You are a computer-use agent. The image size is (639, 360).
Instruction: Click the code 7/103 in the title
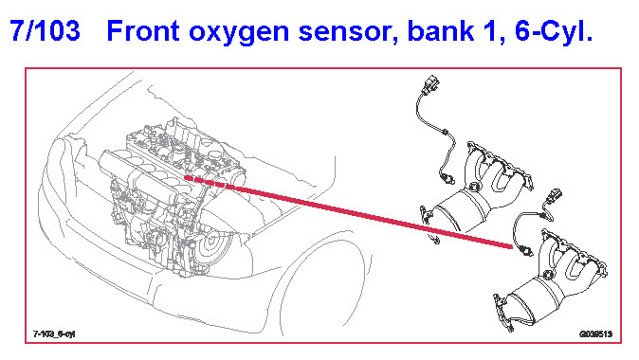tap(45, 30)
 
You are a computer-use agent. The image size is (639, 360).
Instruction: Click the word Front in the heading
tap(143, 30)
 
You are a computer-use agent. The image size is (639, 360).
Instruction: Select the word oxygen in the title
tap(239, 33)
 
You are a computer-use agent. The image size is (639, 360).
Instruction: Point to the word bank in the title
tap(441, 30)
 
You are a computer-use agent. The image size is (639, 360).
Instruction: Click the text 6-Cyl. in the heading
tap(554, 30)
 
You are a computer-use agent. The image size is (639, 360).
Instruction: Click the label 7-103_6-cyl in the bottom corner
tap(54, 333)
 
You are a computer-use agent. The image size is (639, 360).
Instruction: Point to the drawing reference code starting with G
tap(595, 334)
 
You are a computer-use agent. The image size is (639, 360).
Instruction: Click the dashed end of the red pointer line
tap(186, 177)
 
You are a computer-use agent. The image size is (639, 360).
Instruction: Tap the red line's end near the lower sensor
tap(511, 246)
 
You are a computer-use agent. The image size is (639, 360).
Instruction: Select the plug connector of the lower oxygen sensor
tap(554, 196)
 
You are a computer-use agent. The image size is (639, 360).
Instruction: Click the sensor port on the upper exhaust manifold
tap(474, 187)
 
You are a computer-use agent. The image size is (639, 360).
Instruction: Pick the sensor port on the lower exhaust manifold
tap(549, 275)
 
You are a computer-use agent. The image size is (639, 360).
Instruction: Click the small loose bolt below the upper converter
tap(435, 240)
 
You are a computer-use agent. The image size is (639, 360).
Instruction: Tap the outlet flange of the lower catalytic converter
tap(503, 313)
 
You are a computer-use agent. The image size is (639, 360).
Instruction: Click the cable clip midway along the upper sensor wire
tap(445, 132)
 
